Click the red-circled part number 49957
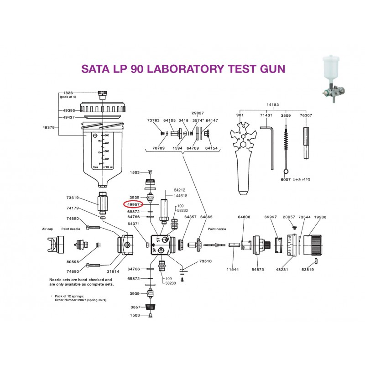coord(133,204)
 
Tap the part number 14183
coord(273,104)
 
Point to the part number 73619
coord(73,198)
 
